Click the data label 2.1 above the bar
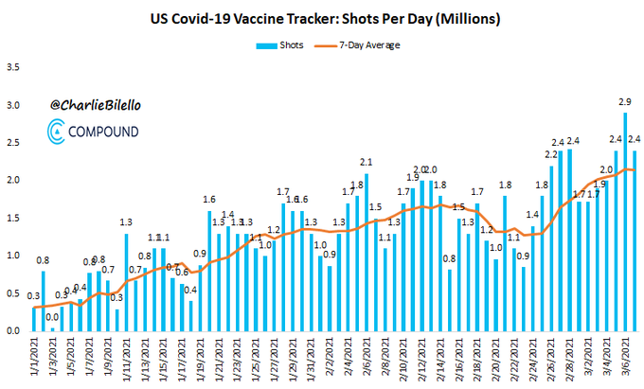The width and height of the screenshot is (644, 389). click(x=366, y=162)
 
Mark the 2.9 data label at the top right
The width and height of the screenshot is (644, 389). click(x=626, y=102)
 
